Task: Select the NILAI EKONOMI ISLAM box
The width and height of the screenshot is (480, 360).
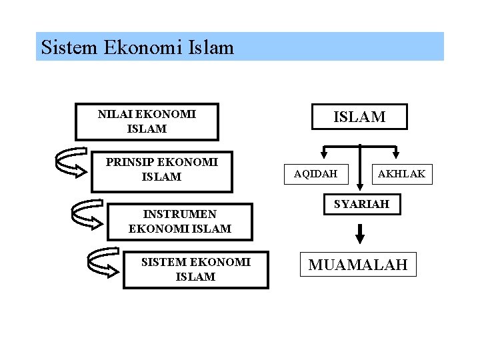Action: [147, 121]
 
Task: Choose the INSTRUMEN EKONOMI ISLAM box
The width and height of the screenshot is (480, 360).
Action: [180, 221]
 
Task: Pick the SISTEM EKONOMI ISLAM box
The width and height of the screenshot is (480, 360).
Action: [195, 269]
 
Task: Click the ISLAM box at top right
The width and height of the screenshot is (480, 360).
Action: [359, 117]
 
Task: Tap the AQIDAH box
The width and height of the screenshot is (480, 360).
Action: [315, 175]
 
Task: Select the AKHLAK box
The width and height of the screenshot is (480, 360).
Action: [401, 175]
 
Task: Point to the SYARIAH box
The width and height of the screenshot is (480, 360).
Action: [361, 205]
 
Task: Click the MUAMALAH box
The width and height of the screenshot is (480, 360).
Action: [357, 265]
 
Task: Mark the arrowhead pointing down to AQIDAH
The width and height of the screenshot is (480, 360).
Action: [323, 153]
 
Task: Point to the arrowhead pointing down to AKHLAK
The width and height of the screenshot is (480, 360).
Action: [396, 153]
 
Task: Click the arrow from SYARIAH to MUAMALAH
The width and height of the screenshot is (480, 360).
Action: [361, 233]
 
